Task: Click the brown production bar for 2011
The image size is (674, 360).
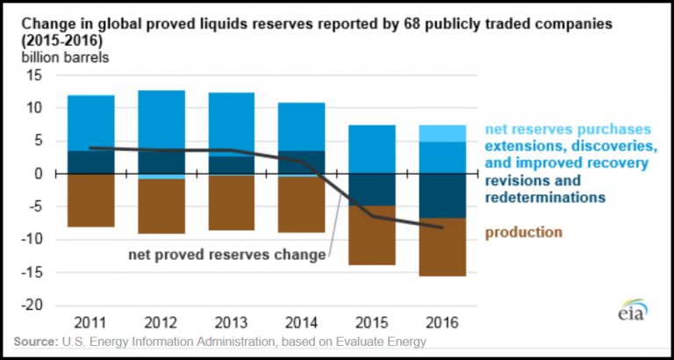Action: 90,200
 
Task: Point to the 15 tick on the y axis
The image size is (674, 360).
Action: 34,76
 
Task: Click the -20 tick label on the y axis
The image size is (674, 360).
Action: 31,306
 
